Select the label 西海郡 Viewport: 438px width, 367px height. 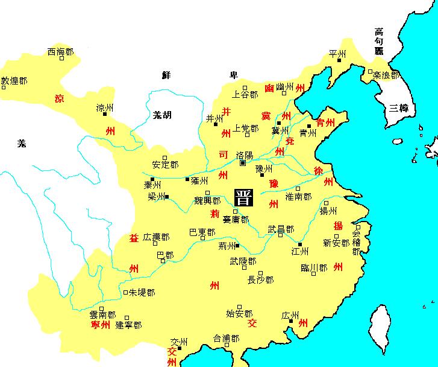60,53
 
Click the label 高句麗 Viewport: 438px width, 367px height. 379,40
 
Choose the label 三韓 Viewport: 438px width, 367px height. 399,109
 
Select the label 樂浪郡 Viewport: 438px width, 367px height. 386,75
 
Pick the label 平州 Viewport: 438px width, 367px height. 337,54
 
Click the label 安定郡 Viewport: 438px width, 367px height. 165,164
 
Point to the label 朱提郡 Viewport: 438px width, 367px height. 142,292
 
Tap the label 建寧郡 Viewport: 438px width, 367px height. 128,325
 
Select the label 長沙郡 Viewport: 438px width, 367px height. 260,280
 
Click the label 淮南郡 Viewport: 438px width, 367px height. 298,197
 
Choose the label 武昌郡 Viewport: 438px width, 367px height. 281,229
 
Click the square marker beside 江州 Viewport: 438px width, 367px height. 300,244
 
